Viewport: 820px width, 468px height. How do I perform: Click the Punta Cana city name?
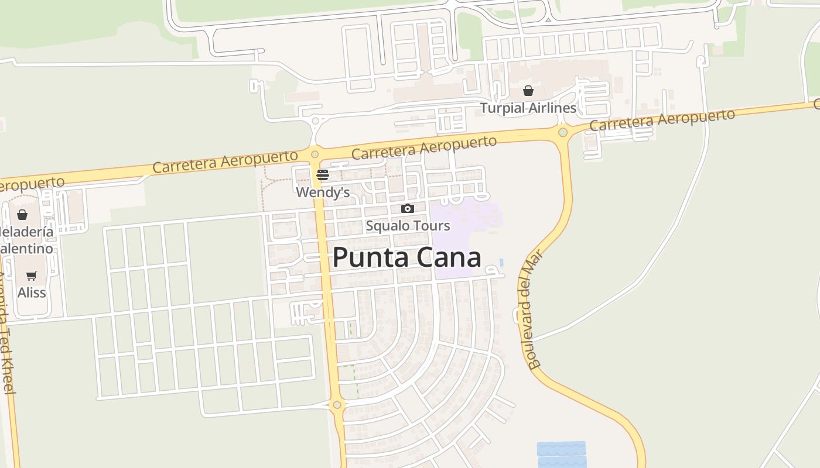point(407,258)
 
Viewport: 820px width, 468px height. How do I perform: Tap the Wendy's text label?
point(323,192)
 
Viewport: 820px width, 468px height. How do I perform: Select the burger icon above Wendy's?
point(323,175)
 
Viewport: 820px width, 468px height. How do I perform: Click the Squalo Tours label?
point(408,226)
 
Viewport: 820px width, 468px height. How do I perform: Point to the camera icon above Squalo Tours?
point(408,208)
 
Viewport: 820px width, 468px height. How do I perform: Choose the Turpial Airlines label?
point(528,108)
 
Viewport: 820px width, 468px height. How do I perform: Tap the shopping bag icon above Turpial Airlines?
point(528,91)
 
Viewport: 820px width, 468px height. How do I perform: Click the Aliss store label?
point(32,292)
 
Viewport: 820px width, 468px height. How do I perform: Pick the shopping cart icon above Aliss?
point(32,276)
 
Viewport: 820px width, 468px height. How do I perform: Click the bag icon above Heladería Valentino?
point(22,215)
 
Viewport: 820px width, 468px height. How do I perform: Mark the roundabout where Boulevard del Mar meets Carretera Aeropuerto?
point(563,132)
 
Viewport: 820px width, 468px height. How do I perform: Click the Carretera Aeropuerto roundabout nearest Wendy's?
point(315,154)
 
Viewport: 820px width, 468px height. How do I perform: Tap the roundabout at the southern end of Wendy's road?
point(337,405)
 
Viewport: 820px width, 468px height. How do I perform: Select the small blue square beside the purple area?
point(501,261)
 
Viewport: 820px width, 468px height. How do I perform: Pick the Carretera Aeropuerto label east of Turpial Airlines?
point(662,120)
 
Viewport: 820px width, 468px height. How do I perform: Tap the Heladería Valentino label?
point(26,240)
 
